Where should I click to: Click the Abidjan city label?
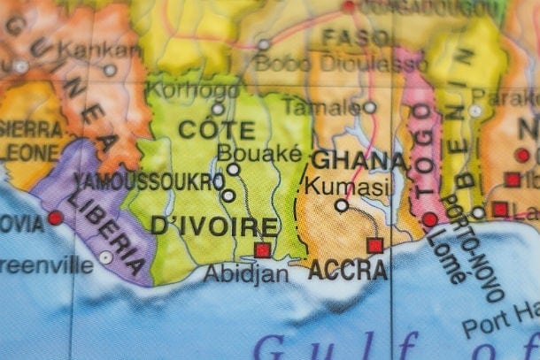246,273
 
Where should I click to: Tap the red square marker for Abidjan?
262,249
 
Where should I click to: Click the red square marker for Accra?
375,245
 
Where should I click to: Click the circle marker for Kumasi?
342,205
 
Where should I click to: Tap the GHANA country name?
359,161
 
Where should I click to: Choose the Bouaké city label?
247,152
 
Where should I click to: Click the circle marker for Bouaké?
233,169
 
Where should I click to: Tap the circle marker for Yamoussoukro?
228,195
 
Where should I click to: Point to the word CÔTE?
217,129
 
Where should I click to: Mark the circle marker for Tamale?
370,108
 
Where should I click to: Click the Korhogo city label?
181,89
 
